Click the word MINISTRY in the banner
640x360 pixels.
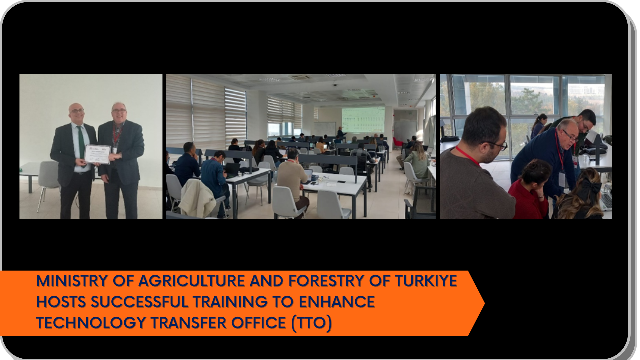coord(72,281)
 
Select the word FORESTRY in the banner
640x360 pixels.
coord(326,281)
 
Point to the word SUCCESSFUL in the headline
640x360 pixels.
coord(139,302)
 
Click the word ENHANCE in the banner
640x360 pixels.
coord(337,302)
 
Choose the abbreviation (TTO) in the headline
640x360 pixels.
coord(311,323)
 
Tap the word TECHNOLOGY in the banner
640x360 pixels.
coord(91,323)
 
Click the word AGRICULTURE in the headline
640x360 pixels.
coord(191,281)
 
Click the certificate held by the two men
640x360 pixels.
coord(97,154)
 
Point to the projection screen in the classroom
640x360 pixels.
coord(363,120)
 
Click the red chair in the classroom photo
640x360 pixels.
coord(397,143)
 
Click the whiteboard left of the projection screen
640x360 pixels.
coord(325,129)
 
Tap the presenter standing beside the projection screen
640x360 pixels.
coord(341,132)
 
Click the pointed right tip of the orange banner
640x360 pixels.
coord(484,303)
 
